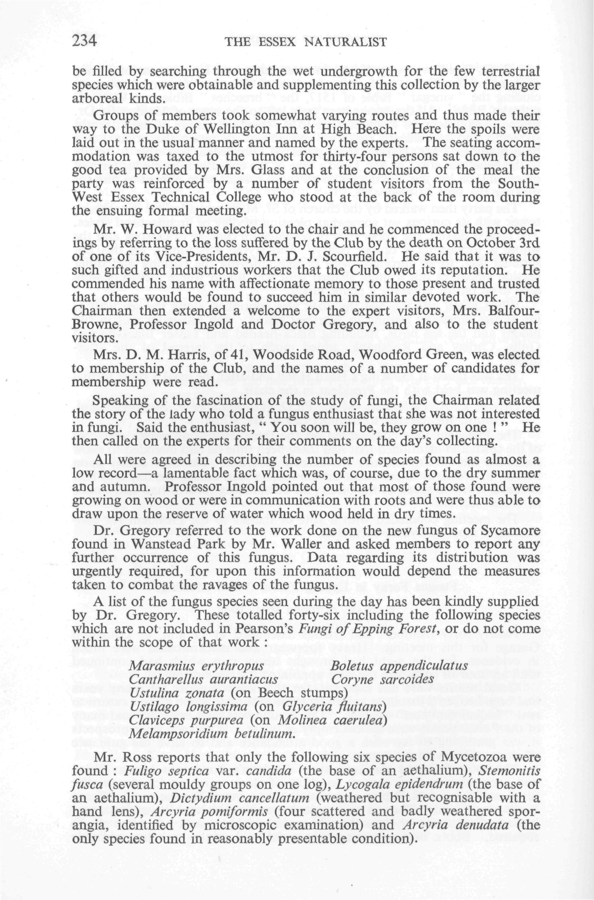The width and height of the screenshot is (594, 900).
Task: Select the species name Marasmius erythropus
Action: point(196,666)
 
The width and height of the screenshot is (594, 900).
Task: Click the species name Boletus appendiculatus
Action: point(399,666)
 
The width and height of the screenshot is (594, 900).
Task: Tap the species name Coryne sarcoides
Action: point(382,679)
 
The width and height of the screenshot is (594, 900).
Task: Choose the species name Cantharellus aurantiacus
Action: point(203,679)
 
